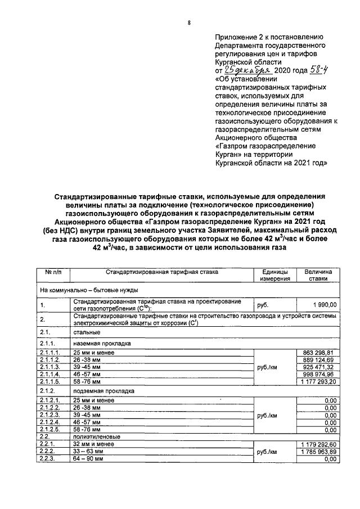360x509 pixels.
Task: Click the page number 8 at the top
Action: point(190,23)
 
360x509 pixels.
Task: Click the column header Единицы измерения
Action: point(275,274)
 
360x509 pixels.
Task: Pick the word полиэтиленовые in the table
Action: point(95,436)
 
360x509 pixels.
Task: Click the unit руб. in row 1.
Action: point(263,305)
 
